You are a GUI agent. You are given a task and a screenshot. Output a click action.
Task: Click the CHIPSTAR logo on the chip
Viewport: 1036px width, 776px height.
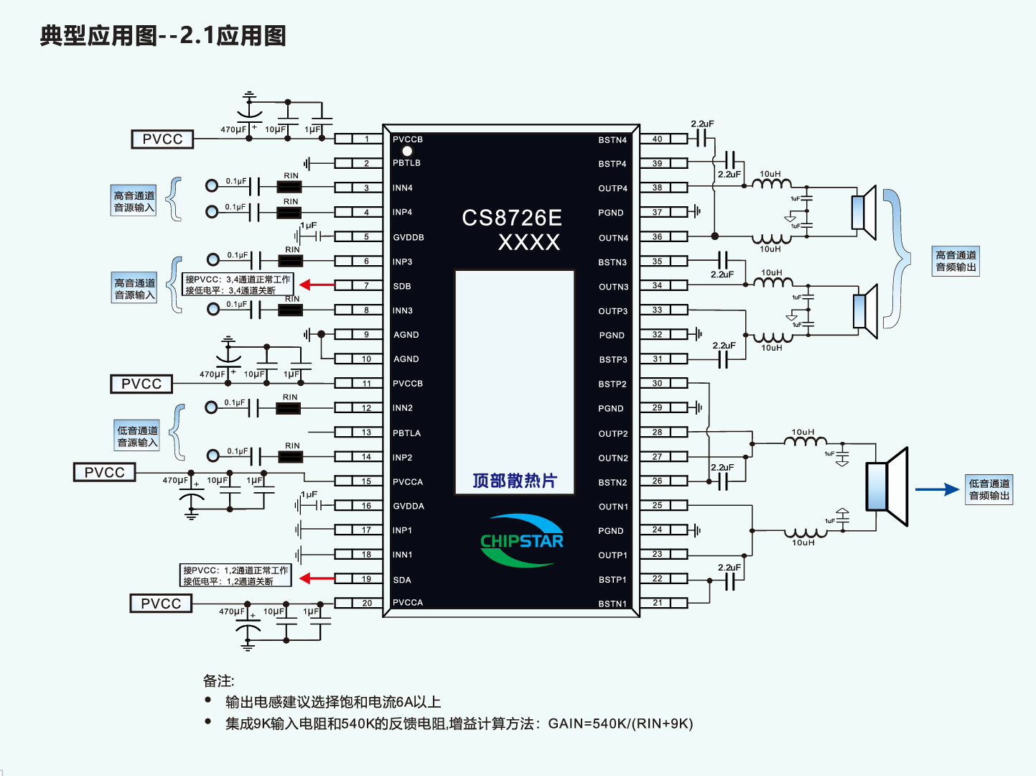tap(522, 541)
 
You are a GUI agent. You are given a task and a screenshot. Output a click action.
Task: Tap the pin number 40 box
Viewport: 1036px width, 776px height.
tap(657, 139)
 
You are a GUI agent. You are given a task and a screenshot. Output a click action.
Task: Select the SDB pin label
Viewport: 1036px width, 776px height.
tap(402, 286)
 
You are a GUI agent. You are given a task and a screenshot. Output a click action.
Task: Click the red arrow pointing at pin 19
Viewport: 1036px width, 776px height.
tap(317, 578)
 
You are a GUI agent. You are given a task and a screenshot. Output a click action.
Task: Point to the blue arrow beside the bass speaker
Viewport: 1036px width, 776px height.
tap(937, 489)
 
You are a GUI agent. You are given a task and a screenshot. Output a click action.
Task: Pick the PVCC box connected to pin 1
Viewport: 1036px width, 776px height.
tap(162, 139)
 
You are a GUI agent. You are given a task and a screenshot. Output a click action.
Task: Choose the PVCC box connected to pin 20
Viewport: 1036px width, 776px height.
tap(161, 604)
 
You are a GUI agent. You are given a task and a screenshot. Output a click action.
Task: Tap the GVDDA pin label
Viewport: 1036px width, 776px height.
tap(409, 506)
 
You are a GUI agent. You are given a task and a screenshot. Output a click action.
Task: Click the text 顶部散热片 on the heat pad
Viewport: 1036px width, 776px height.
tap(515, 481)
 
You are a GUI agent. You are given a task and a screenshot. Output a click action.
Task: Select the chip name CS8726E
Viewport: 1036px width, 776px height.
tap(512, 218)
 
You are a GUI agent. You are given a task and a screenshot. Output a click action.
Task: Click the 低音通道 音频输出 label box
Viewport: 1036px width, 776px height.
tap(989, 489)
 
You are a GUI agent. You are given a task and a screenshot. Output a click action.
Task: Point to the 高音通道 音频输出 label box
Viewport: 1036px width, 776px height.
tap(956, 261)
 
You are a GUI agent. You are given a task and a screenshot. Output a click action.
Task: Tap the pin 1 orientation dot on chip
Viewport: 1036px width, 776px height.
tap(407, 151)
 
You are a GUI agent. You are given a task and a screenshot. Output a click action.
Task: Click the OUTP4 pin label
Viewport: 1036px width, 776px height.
tap(612, 188)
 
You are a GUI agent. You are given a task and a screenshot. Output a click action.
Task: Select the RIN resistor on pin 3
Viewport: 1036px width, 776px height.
tap(289, 187)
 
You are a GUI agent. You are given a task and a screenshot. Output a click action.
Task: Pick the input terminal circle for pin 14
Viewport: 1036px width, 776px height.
tap(213, 456)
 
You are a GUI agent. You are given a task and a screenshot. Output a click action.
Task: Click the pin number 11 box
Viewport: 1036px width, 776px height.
tap(366, 384)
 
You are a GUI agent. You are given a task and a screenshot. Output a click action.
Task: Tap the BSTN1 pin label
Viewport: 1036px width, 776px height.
tap(612, 604)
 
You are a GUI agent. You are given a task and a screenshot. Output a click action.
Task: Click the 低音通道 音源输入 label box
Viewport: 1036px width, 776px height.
tap(137, 436)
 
